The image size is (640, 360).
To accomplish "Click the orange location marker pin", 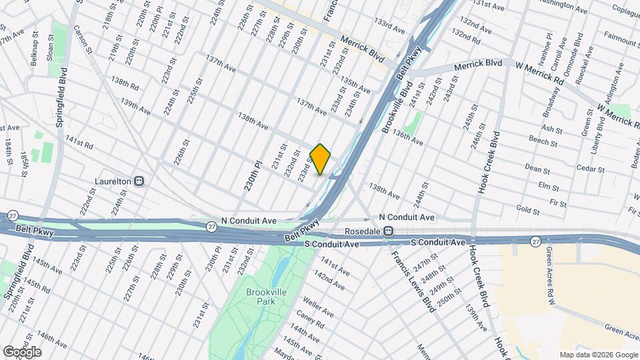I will pos(321,159).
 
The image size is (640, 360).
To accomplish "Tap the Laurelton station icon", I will pos(140,181).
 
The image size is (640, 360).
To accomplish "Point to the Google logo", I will pos(23,351).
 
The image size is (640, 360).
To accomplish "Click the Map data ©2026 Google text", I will pos(598,355).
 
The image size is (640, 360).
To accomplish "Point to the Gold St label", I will pos(527,210).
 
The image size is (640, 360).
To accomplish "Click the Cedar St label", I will pos(590,169).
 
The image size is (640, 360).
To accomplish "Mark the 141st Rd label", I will pos(79,142).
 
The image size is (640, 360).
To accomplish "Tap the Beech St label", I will pos(544,142).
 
